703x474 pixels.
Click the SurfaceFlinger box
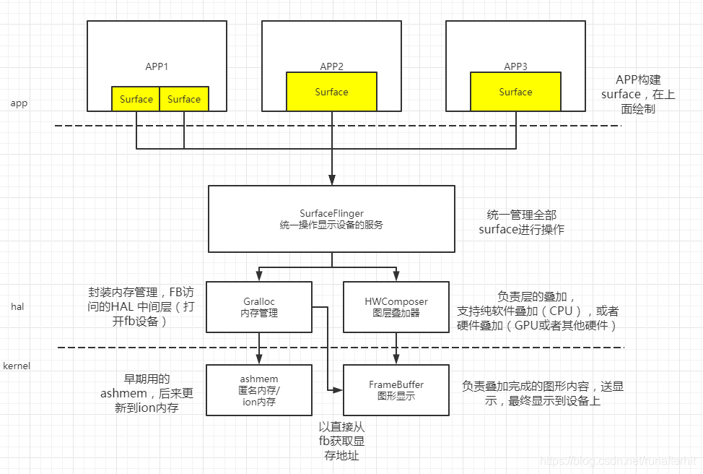pyautogui.click(x=331, y=219)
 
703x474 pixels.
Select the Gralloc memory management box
pyautogui.click(x=258, y=307)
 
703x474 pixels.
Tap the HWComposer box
pyautogui.click(x=396, y=307)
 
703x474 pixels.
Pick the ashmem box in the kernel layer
pyautogui.click(x=258, y=390)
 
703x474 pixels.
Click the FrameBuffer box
pyautogui.click(x=396, y=390)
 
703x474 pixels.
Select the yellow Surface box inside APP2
pyautogui.click(x=331, y=92)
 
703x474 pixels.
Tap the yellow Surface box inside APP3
pyautogui.click(x=515, y=92)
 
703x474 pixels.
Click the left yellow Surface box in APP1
pyautogui.click(x=136, y=99)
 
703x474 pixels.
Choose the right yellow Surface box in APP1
pyautogui.click(x=184, y=99)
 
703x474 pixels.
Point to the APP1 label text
pyautogui.click(x=157, y=66)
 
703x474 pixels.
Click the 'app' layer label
pyautogui.click(x=19, y=103)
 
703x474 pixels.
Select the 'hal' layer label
pyautogui.click(x=17, y=307)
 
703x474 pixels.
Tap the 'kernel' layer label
pyautogui.click(x=17, y=366)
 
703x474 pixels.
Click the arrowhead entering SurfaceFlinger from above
pyautogui.click(x=331, y=181)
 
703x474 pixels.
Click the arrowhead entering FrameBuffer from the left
pyautogui.click(x=339, y=390)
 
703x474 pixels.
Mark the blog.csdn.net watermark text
pyautogui.click(x=620, y=460)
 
